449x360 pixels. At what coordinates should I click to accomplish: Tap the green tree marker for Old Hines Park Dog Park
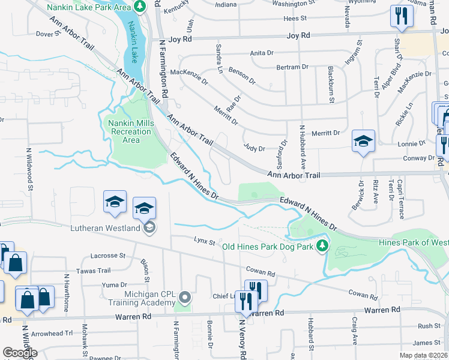click(322, 245)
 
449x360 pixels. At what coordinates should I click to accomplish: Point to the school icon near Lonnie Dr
click(363, 141)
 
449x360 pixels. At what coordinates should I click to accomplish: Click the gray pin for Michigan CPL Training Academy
click(185, 296)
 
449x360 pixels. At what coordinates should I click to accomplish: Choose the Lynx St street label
click(205, 241)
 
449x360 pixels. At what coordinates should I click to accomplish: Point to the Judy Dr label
click(255, 148)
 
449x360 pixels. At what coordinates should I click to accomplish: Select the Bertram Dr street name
click(293, 67)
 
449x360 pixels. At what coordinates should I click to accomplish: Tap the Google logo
click(20, 352)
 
